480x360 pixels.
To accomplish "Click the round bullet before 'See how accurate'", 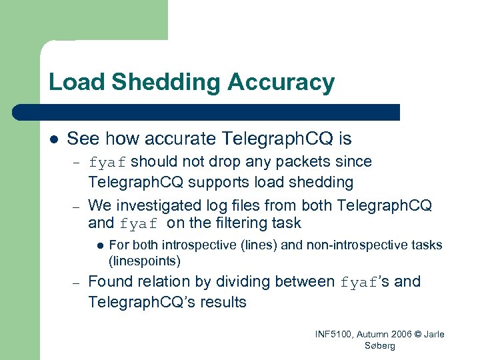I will pyautogui.click(x=53, y=139).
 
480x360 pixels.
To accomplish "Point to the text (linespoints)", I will pyautogui.click(x=144, y=260).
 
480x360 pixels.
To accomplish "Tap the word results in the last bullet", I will pyautogui.click(x=222, y=302).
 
